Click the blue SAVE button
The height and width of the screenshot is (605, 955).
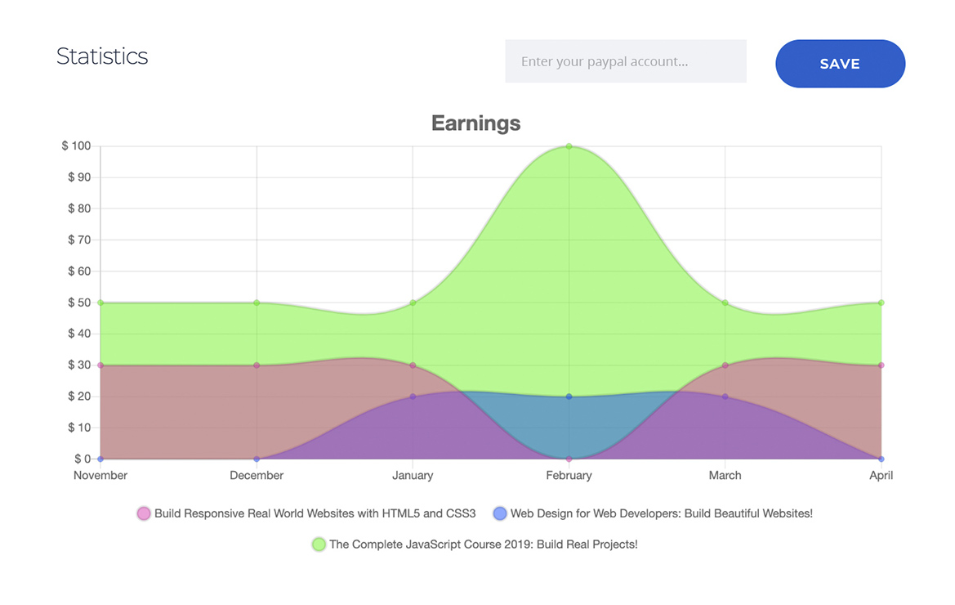pos(840,64)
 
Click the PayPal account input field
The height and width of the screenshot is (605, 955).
pos(625,61)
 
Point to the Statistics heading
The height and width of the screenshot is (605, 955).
pos(102,56)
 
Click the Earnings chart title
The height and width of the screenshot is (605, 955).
pos(475,123)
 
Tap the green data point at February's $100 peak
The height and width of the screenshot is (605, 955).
pos(569,146)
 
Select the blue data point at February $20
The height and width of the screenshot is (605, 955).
pos(569,397)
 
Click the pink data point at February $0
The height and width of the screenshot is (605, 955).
pos(569,459)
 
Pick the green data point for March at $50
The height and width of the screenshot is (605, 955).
pos(725,302)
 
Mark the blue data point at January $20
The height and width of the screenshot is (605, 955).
pos(413,397)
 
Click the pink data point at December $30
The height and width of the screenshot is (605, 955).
pos(257,365)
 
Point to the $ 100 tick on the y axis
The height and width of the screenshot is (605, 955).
pos(76,146)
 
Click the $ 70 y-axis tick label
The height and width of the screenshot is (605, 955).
pos(79,240)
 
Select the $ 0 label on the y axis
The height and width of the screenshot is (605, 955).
pos(83,459)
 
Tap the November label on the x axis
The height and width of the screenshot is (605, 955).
pos(100,476)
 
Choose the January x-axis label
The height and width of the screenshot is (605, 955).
pos(413,476)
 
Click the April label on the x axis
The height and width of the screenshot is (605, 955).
pos(881,476)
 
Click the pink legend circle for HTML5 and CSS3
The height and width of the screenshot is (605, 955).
pos(144,513)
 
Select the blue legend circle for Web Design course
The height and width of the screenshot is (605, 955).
pos(500,513)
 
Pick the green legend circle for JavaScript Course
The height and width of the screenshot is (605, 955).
pos(319,544)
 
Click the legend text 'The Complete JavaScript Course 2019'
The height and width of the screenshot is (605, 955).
pos(483,544)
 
